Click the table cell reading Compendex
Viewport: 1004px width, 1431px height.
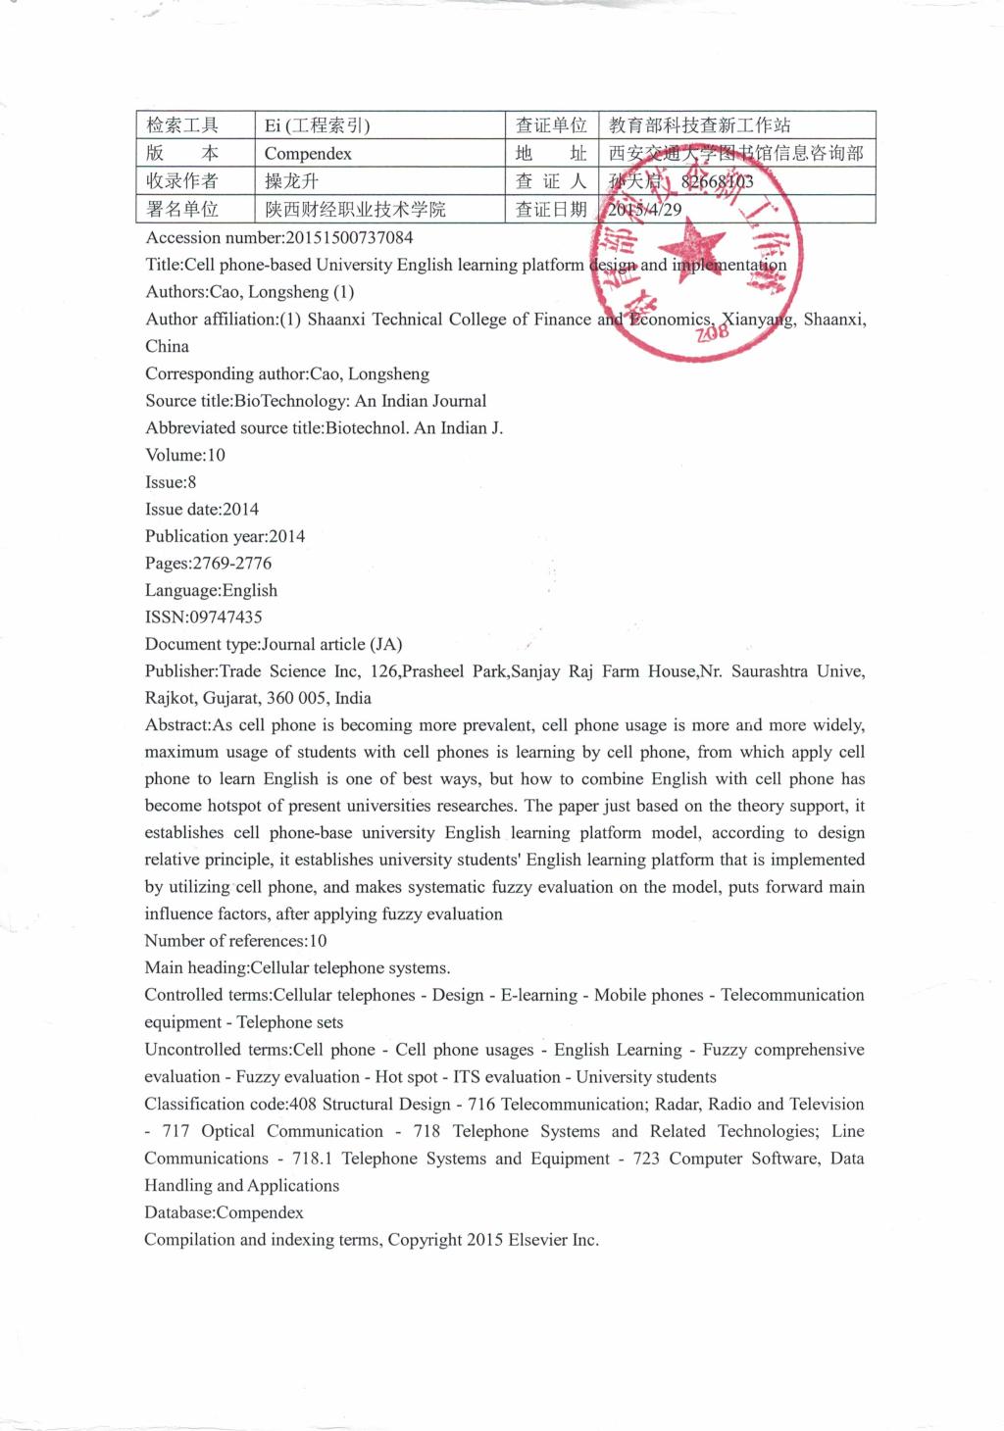tap(308, 154)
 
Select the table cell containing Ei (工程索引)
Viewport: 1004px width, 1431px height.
tap(317, 125)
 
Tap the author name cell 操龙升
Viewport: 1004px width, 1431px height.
tap(291, 181)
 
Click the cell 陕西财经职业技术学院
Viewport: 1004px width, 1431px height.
tap(355, 210)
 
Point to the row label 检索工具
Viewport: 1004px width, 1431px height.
tap(182, 125)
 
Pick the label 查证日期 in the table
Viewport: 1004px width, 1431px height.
tap(551, 210)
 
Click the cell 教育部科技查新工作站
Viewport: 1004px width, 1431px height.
tap(699, 125)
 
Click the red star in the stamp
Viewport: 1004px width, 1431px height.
tap(698, 250)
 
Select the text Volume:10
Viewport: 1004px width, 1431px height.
tap(185, 455)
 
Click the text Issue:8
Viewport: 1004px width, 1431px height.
tap(171, 482)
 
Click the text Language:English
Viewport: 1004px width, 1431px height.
tap(211, 591)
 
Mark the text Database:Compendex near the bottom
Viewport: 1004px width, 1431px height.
tap(224, 1212)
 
